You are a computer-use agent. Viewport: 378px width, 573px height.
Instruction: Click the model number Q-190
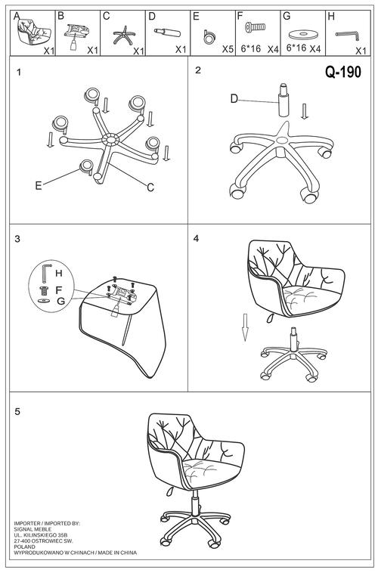[x=343, y=73]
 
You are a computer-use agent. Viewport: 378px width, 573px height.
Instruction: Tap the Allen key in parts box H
[x=347, y=36]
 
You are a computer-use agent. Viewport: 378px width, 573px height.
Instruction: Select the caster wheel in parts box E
[x=209, y=37]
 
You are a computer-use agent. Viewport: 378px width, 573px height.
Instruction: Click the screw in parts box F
[x=256, y=27]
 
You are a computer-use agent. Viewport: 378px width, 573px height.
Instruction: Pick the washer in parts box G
[x=302, y=34]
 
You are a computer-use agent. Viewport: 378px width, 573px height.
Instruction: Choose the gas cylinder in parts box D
[x=167, y=33]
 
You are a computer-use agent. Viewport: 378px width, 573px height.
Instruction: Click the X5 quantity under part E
[x=228, y=49]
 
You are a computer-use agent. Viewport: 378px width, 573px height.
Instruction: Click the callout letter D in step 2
[x=234, y=99]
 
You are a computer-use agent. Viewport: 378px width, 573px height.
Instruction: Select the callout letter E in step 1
[x=39, y=186]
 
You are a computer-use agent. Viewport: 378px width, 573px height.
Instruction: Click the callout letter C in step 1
[x=150, y=187]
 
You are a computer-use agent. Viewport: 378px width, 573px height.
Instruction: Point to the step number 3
[x=17, y=239]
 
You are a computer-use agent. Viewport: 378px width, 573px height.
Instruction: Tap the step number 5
[x=17, y=411]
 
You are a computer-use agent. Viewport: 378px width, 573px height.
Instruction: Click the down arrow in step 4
[x=245, y=327]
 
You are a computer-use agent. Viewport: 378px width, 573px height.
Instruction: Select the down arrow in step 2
[x=305, y=111]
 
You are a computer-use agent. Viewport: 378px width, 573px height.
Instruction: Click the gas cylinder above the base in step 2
[x=283, y=101]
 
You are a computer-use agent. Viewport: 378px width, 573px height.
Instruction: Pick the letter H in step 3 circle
[x=59, y=273]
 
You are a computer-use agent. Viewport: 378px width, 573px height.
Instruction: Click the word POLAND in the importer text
[x=24, y=547]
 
